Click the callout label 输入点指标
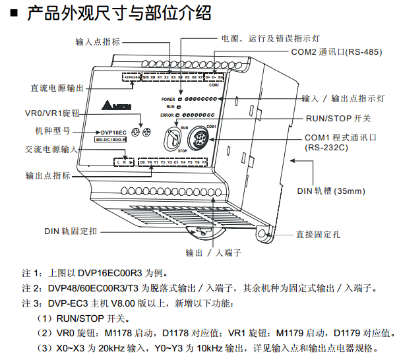pyautogui.click(x=98, y=42)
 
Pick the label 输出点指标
pyautogui.click(x=49, y=176)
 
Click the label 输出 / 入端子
pyautogui.click(x=213, y=253)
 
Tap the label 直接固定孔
pyautogui.click(x=318, y=234)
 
